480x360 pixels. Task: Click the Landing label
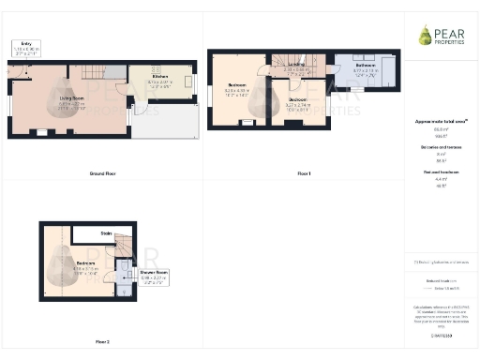[x=297, y=66]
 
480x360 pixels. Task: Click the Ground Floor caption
[x=102, y=172]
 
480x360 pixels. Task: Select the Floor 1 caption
[x=303, y=172]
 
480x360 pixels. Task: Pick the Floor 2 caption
[x=102, y=341]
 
